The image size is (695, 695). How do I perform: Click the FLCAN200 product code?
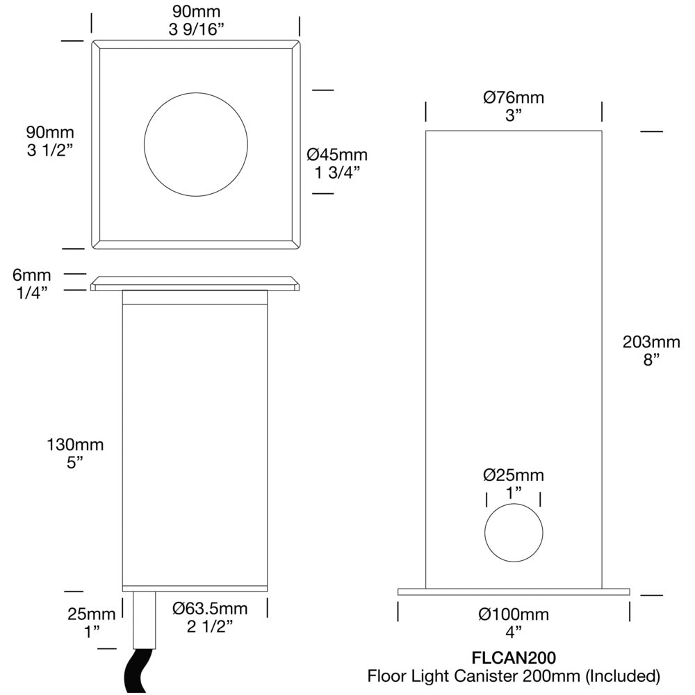point(514,657)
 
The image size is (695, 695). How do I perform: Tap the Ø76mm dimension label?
point(514,97)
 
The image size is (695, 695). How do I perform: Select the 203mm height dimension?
point(651,341)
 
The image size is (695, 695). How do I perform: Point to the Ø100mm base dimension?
point(514,614)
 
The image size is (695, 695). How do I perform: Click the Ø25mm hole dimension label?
point(514,475)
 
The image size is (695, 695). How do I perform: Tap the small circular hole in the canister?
point(514,532)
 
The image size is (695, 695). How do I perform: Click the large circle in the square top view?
point(195,145)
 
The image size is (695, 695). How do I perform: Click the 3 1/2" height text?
point(50,149)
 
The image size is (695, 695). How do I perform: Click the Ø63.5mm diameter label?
point(209,609)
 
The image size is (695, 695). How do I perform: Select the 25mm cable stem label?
point(91,614)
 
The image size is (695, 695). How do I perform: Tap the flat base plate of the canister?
point(514,591)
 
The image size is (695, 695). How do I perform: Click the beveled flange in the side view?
point(195,283)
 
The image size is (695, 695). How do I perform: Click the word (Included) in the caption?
point(621,675)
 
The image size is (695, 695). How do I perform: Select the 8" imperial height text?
point(651,359)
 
